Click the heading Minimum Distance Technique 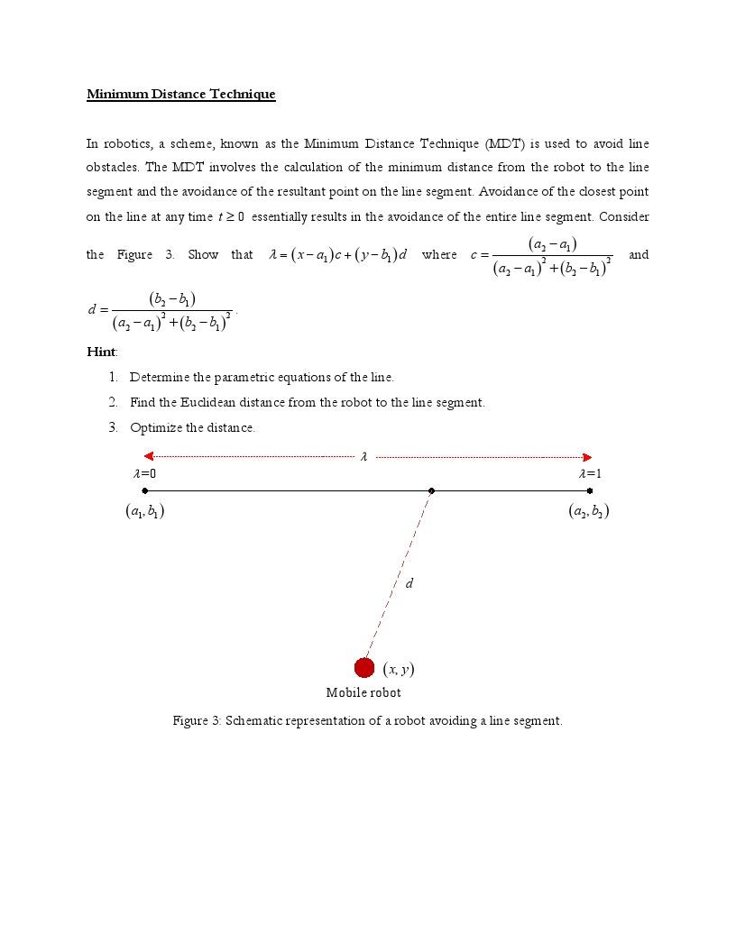tap(180, 94)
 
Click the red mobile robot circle tap(364, 668)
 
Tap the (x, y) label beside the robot tap(399, 669)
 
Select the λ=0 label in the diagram tap(144, 473)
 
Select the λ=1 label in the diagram tap(590, 473)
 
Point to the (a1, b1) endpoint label tap(144, 511)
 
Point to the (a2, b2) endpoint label tap(589, 511)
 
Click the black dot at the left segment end tap(145, 491)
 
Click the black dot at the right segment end tap(590, 491)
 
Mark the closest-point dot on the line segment tap(431, 491)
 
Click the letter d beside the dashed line tap(409, 583)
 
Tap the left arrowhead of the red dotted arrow tap(149, 456)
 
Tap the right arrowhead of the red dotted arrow tap(587, 456)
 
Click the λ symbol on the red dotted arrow tap(363, 457)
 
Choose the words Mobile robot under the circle tap(363, 692)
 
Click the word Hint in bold tap(101, 352)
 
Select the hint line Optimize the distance tap(192, 427)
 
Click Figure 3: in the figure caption tap(197, 720)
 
